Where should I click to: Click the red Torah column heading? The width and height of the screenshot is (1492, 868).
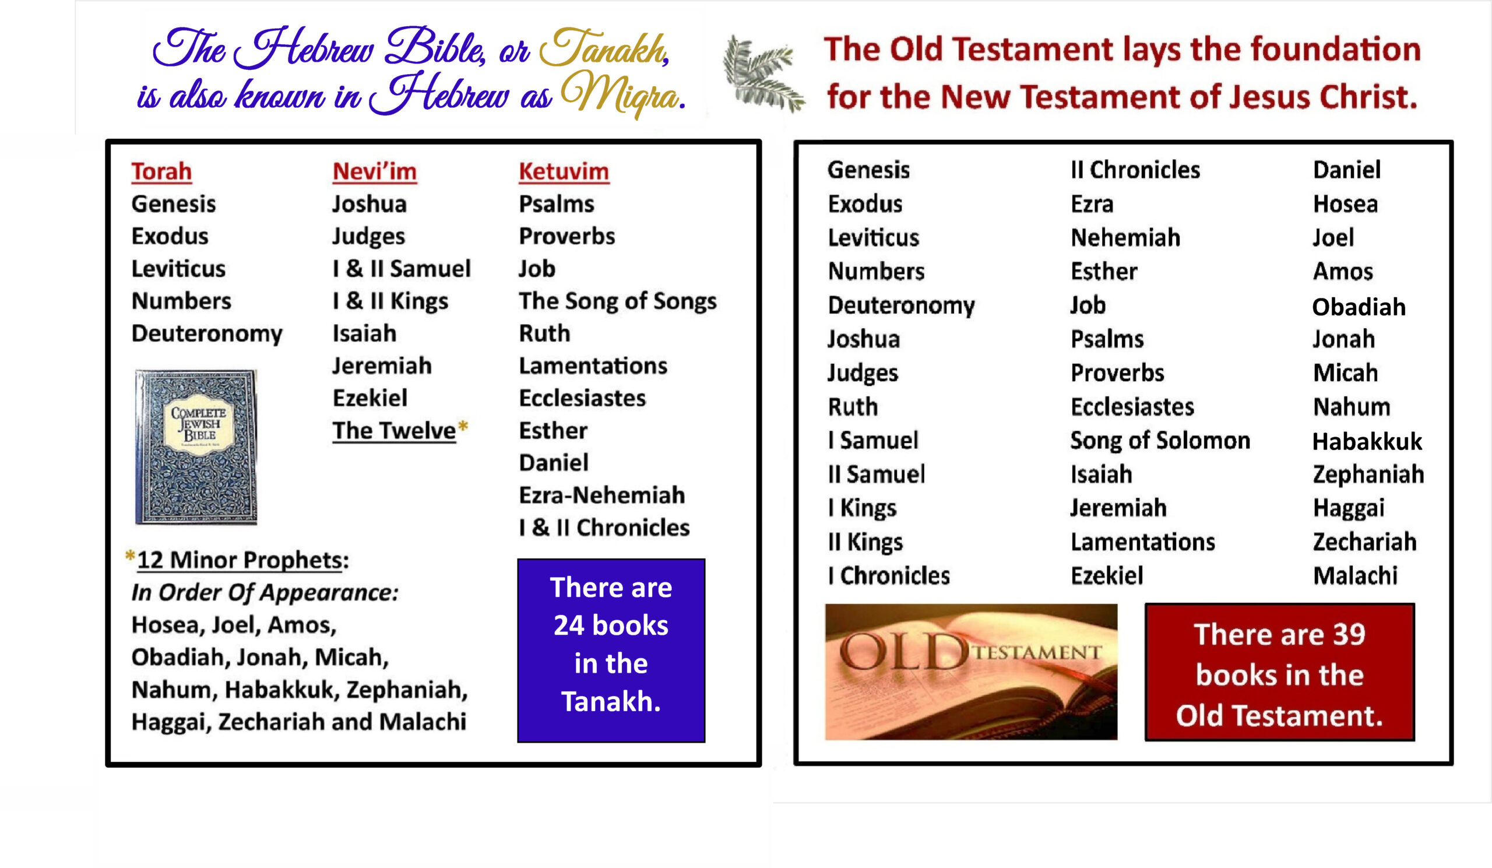[x=161, y=172]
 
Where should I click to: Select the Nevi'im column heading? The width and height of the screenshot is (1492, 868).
[x=374, y=172]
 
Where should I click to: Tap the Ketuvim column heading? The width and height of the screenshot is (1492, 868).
[x=564, y=172]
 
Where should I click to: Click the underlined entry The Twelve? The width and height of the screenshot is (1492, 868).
[x=394, y=431]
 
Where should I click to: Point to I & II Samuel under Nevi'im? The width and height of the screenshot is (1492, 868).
[x=402, y=269]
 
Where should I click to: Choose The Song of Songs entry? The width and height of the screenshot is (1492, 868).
[x=618, y=301]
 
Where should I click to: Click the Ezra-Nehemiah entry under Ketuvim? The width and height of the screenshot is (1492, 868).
[x=601, y=496]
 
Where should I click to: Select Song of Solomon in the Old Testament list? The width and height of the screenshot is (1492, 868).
[x=1160, y=441]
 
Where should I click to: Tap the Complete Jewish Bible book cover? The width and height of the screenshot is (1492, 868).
[x=196, y=447]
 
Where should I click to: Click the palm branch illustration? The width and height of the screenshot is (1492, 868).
[x=763, y=73]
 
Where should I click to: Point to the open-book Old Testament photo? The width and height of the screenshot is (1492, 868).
[x=971, y=672]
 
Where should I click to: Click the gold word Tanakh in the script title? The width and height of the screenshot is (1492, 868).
[x=604, y=47]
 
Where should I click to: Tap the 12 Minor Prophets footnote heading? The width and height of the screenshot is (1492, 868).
[x=243, y=560]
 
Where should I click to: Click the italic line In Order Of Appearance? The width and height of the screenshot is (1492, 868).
[x=265, y=593]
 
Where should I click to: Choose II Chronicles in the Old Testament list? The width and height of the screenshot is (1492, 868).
[x=1135, y=170]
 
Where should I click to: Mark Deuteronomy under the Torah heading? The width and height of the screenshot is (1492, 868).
[x=207, y=334]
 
